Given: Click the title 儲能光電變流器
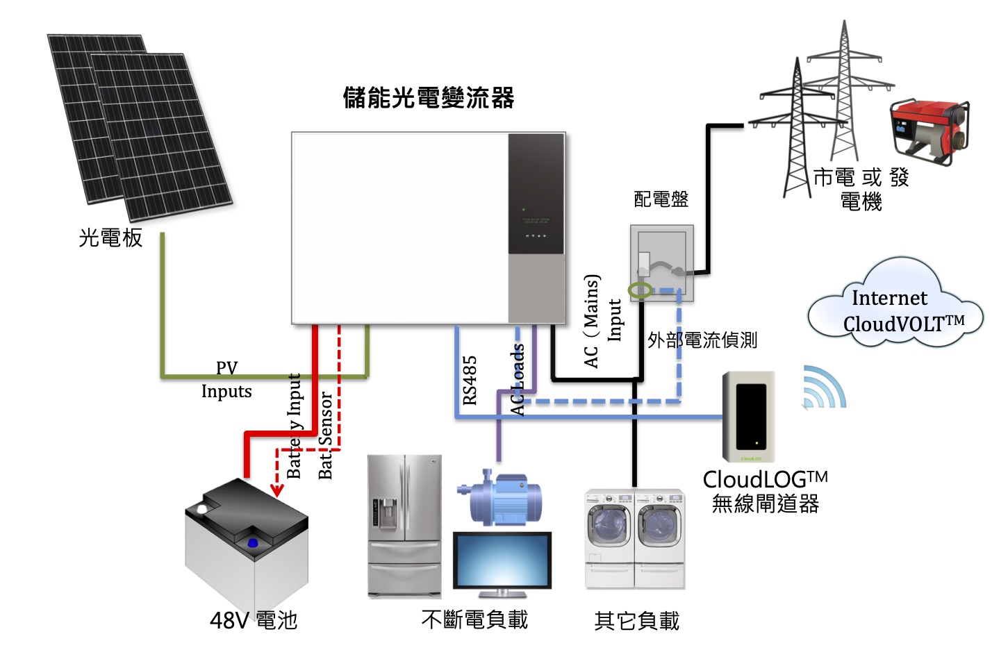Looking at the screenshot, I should click(429, 98).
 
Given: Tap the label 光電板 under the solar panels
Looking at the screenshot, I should click(110, 238).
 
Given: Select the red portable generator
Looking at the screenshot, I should click(929, 131).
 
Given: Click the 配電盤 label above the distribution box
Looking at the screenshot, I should click(661, 200).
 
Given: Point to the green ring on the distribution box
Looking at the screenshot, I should click(640, 290).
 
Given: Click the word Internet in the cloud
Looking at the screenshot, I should click(889, 299).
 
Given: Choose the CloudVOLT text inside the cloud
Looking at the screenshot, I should click(903, 324).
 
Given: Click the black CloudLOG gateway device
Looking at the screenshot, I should click(750, 416).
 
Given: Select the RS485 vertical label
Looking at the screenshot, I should click(470, 380).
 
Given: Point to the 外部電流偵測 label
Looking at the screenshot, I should click(702, 340).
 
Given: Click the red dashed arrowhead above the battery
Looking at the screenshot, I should click(277, 490).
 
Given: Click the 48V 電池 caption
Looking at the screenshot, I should click(254, 620).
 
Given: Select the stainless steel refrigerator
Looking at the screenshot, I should click(404, 526).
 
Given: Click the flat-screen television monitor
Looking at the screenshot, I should click(502, 562).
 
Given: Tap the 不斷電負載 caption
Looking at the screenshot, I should click(474, 619).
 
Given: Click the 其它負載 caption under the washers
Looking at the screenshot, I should click(636, 621).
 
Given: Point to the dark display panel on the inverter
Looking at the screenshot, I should click(536, 194).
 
